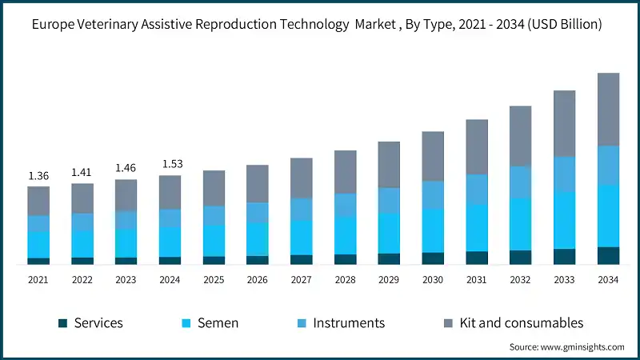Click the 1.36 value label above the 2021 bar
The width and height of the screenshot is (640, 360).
38,176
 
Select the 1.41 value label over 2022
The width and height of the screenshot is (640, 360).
82,172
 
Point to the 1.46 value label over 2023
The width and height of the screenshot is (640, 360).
126,168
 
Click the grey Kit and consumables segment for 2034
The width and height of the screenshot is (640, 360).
608,110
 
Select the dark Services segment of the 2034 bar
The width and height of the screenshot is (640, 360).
608,255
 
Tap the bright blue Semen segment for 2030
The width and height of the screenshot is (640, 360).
433,230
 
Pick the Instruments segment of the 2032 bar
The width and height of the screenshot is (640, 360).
520,182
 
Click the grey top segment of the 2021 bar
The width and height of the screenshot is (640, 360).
38,201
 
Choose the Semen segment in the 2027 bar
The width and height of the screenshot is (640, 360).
301,238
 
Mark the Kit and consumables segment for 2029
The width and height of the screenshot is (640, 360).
389,165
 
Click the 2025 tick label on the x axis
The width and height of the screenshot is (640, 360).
214,280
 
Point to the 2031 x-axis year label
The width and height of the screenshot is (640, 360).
477,280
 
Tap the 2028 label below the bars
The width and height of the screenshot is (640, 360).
345,280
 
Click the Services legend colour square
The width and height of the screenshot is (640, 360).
62,323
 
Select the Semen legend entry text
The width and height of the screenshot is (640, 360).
218,323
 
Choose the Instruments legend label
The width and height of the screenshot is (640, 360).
349,323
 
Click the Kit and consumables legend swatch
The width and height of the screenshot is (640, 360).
450,323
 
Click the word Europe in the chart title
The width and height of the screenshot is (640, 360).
55,26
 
